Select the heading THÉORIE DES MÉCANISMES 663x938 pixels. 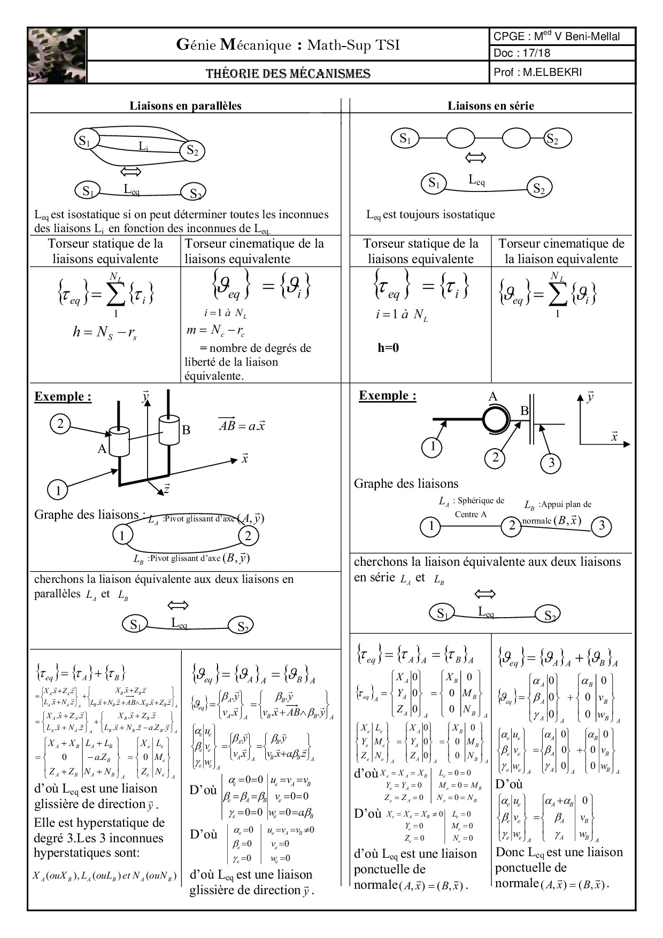(x=288, y=73)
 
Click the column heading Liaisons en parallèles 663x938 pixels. (x=186, y=106)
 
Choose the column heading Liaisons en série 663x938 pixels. (x=491, y=106)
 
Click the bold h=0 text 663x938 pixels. (x=389, y=348)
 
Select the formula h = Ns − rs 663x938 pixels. (x=105, y=332)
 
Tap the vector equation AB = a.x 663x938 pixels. (x=242, y=426)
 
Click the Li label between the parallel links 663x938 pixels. (x=143, y=145)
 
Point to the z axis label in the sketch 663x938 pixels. (x=166, y=489)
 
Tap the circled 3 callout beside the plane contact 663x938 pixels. (x=551, y=463)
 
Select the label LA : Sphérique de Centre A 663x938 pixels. (x=471, y=508)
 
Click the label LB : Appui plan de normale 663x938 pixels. (x=557, y=512)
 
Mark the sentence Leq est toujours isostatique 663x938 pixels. (x=431, y=215)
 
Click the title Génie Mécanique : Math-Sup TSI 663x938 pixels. (x=288, y=45)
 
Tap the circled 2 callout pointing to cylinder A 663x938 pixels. (x=60, y=424)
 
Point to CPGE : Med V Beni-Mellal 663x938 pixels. (x=557, y=36)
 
